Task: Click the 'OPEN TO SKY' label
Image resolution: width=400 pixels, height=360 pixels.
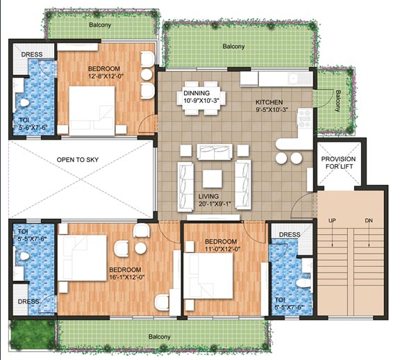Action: pyautogui.click(x=78, y=160)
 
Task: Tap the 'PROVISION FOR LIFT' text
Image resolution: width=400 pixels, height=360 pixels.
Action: pyautogui.click(x=338, y=163)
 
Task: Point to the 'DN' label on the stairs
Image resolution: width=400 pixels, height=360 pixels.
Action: pyautogui.click(x=368, y=221)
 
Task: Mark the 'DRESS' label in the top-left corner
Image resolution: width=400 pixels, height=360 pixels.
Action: pyautogui.click(x=31, y=54)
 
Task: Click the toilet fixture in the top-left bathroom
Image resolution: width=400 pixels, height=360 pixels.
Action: pyautogui.click(x=24, y=103)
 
